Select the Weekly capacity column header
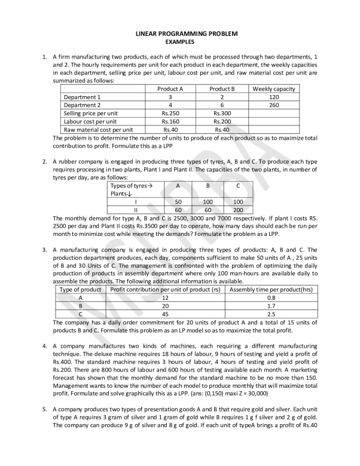click(x=274, y=88)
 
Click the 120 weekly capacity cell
click(x=274, y=96)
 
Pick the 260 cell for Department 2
click(x=274, y=105)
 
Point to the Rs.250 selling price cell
click(x=170, y=113)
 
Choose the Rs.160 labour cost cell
click(x=170, y=121)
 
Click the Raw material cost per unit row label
click(x=98, y=129)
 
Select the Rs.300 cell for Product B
click(x=221, y=113)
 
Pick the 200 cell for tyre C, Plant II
click(x=238, y=210)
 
